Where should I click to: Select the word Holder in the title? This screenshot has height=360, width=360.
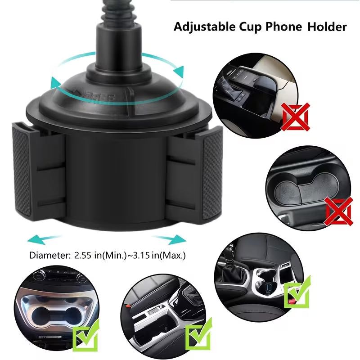(327, 27)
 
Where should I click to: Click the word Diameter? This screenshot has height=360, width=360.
(48, 256)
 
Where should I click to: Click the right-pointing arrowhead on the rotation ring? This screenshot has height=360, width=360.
(180, 71)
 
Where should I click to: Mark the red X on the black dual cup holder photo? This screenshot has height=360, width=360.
(338, 211)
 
